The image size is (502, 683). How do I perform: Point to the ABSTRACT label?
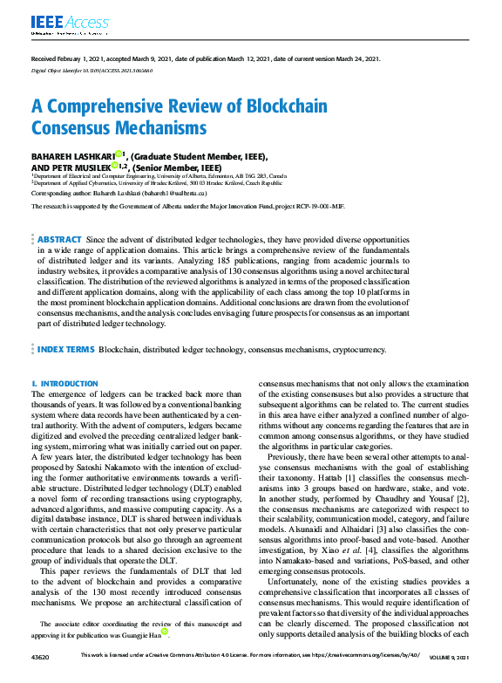pyautogui.click(x=59, y=239)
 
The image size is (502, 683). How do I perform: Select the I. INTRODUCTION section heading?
pyautogui.click(x=64, y=383)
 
